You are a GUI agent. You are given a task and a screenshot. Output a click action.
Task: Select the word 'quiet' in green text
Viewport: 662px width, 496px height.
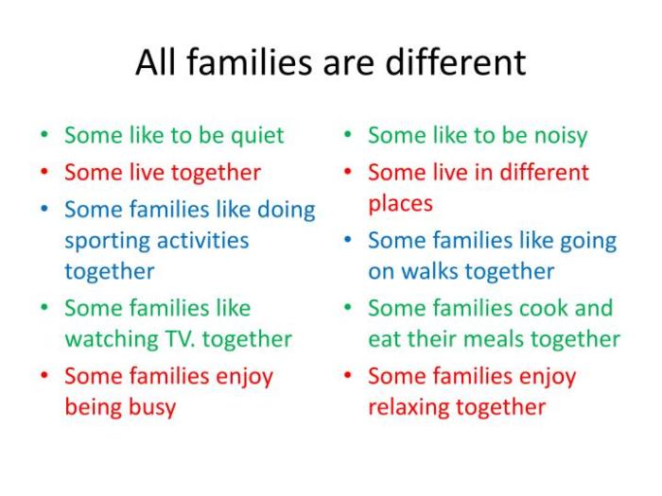(253, 136)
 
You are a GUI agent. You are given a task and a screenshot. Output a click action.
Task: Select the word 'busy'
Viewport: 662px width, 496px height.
(152, 408)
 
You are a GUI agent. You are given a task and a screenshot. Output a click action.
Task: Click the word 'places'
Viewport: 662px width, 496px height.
(400, 203)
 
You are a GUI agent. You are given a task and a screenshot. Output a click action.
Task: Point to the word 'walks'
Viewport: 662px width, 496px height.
(438, 271)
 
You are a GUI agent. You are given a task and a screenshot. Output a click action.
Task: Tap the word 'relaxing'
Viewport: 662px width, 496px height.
(409, 408)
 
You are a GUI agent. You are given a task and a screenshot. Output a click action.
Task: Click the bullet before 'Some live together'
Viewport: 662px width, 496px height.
(44, 173)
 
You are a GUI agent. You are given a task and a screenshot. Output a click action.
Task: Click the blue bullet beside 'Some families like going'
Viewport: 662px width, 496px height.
(348, 241)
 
